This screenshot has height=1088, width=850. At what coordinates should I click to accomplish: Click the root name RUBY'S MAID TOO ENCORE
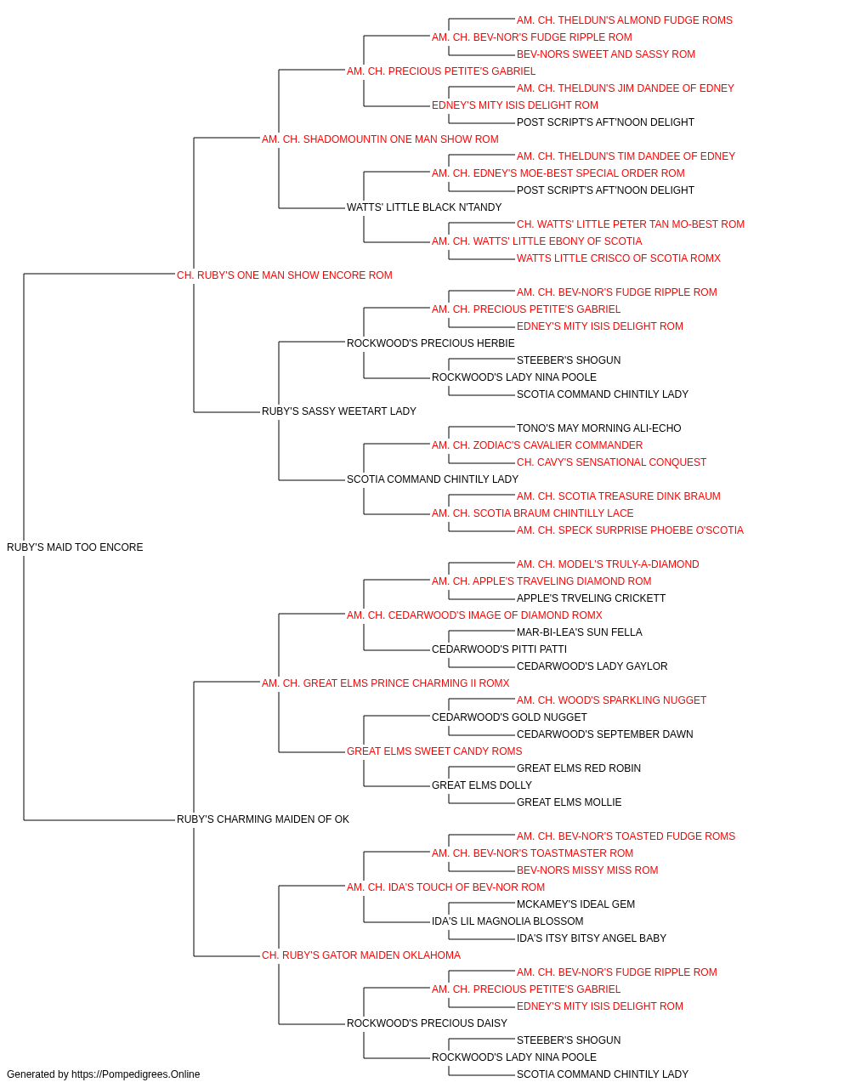tap(75, 547)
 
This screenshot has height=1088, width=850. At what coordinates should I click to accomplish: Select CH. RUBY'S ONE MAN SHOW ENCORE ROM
tap(285, 275)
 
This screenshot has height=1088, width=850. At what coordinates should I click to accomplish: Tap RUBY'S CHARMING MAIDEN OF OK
tap(263, 819)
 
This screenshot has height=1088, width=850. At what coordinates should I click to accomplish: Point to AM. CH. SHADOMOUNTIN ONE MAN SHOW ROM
tap(380, 139)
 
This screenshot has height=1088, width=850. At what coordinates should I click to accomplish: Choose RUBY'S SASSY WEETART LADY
tap(339, 411)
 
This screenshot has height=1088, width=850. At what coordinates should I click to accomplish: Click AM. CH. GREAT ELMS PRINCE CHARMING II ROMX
tap(385, 683)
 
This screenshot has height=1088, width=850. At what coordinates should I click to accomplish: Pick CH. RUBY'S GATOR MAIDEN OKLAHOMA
tap(361, 955)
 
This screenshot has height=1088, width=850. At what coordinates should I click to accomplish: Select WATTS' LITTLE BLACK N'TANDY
tap(424, 207)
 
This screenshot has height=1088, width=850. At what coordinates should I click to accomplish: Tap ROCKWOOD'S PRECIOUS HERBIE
tap(430, 343)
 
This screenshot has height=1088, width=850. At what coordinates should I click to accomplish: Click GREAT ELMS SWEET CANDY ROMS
tap(434, 751)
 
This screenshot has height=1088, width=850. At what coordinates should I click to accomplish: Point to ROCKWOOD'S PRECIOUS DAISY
tap(427, 1023)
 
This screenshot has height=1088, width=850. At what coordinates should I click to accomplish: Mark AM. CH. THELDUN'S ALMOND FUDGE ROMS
tap(624, 20)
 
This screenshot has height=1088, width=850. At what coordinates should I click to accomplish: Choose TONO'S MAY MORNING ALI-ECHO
tap(598, 428)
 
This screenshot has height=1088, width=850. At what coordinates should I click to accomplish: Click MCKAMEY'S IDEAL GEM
tap(575, 904)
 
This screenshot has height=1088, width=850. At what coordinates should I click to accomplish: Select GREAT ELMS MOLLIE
tap(569, 802)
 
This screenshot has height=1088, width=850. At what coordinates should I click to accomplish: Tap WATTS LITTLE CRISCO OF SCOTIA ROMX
tap(619, 258)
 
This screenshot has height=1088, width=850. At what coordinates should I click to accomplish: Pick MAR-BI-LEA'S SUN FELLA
tap(579, 632)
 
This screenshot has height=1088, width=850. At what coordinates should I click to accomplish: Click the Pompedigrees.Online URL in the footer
tap(136, 1074)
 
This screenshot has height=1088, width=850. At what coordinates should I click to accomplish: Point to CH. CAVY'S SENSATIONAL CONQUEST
tap(611, 462)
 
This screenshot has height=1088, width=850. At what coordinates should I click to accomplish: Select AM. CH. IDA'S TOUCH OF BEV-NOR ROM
tap(445, 887)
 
